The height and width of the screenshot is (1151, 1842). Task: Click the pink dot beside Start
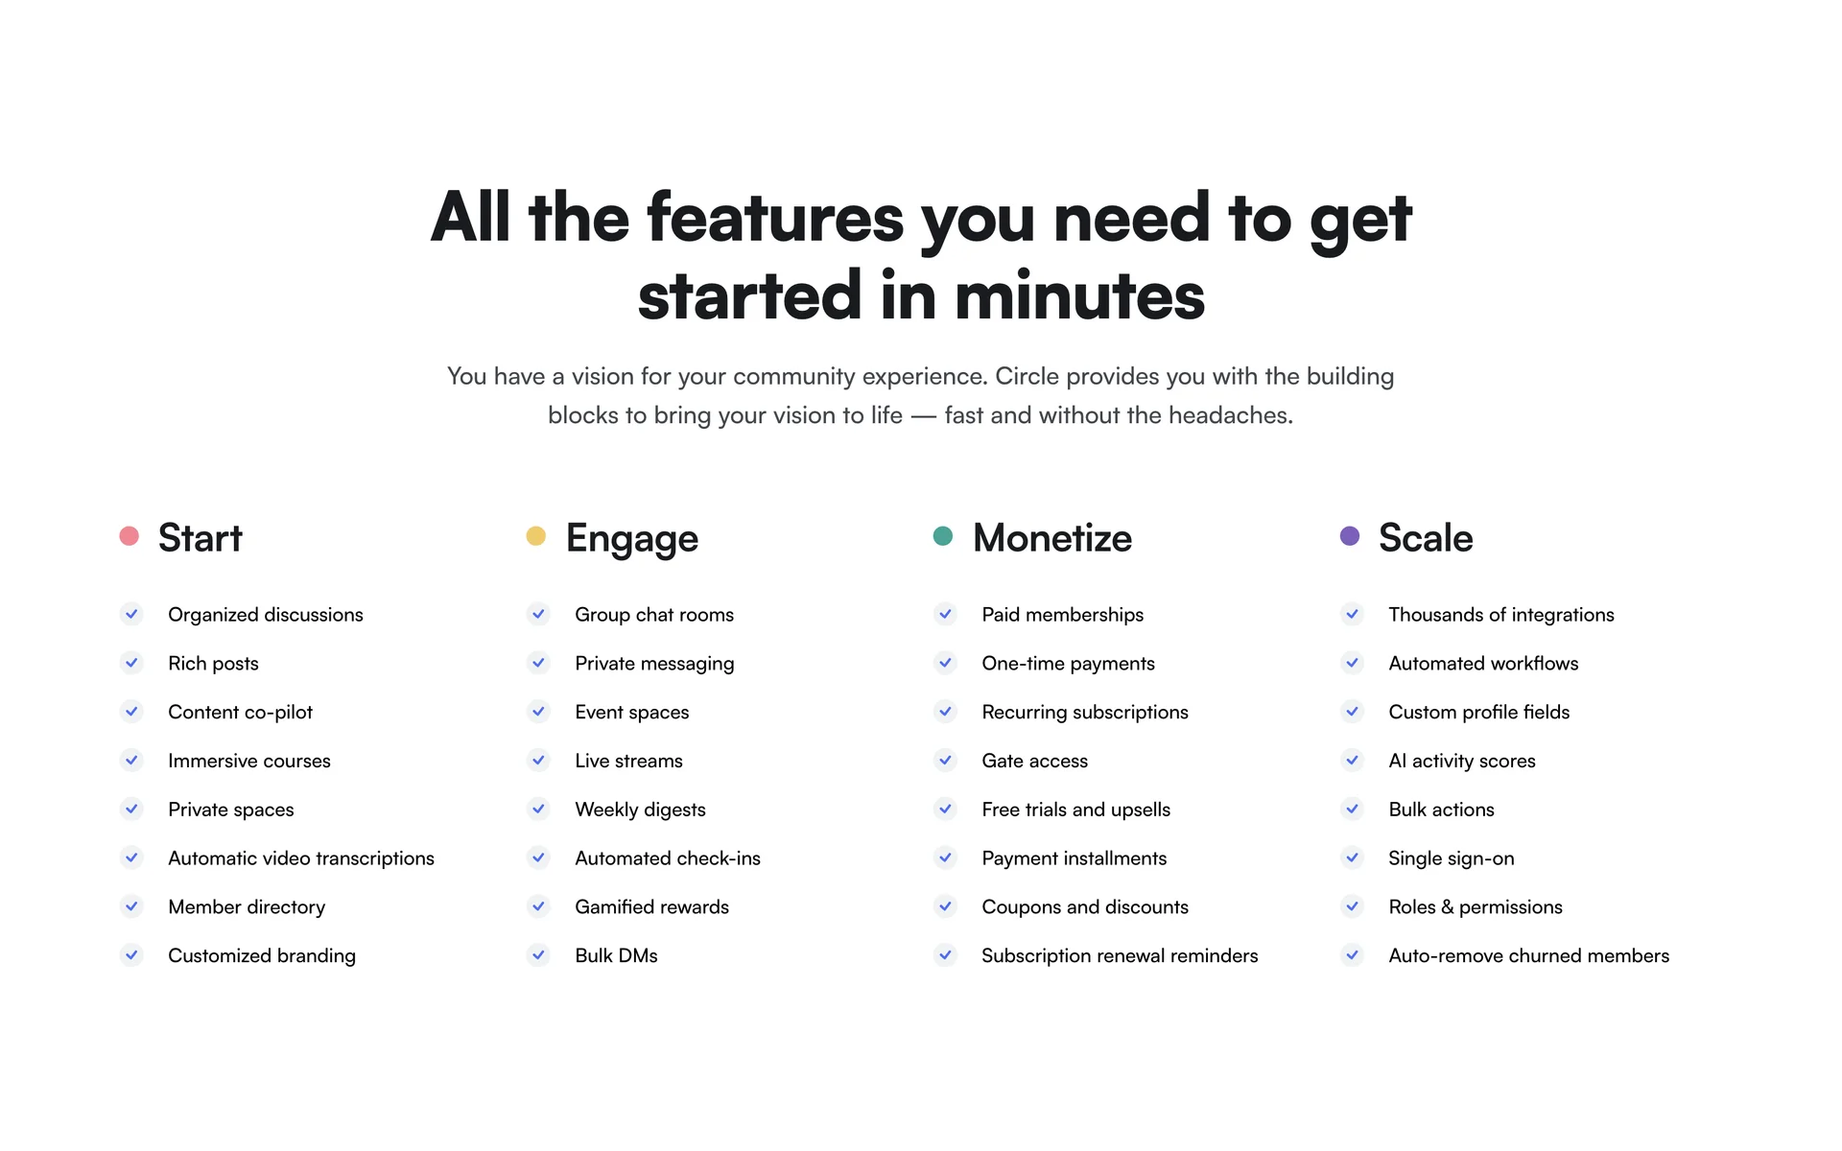130,536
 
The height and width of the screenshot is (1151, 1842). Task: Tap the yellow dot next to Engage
536,536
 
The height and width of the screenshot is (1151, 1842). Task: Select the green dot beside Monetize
943,536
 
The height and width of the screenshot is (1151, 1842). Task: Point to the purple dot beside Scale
1350,536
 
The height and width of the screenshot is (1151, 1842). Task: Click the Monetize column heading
1052,538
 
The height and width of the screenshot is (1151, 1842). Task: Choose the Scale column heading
1426,538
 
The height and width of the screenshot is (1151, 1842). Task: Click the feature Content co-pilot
240,712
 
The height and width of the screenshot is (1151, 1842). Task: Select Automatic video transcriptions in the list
301,858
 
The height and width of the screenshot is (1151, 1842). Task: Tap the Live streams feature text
628,761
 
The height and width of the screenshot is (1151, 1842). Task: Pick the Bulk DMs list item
616,955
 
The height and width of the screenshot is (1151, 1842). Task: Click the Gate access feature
1034,761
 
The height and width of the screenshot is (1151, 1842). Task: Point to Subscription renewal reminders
1120,955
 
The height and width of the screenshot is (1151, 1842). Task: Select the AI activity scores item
1462,761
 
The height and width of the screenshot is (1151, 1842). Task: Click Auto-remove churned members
1529,955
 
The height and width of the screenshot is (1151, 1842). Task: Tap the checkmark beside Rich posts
131,663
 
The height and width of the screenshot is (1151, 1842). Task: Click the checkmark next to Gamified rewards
538,906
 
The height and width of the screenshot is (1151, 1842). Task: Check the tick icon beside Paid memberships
945,614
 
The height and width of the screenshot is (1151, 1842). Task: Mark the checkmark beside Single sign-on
1352,857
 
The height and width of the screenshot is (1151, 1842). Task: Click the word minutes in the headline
1079,295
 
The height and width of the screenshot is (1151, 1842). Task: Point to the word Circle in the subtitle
1027,376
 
